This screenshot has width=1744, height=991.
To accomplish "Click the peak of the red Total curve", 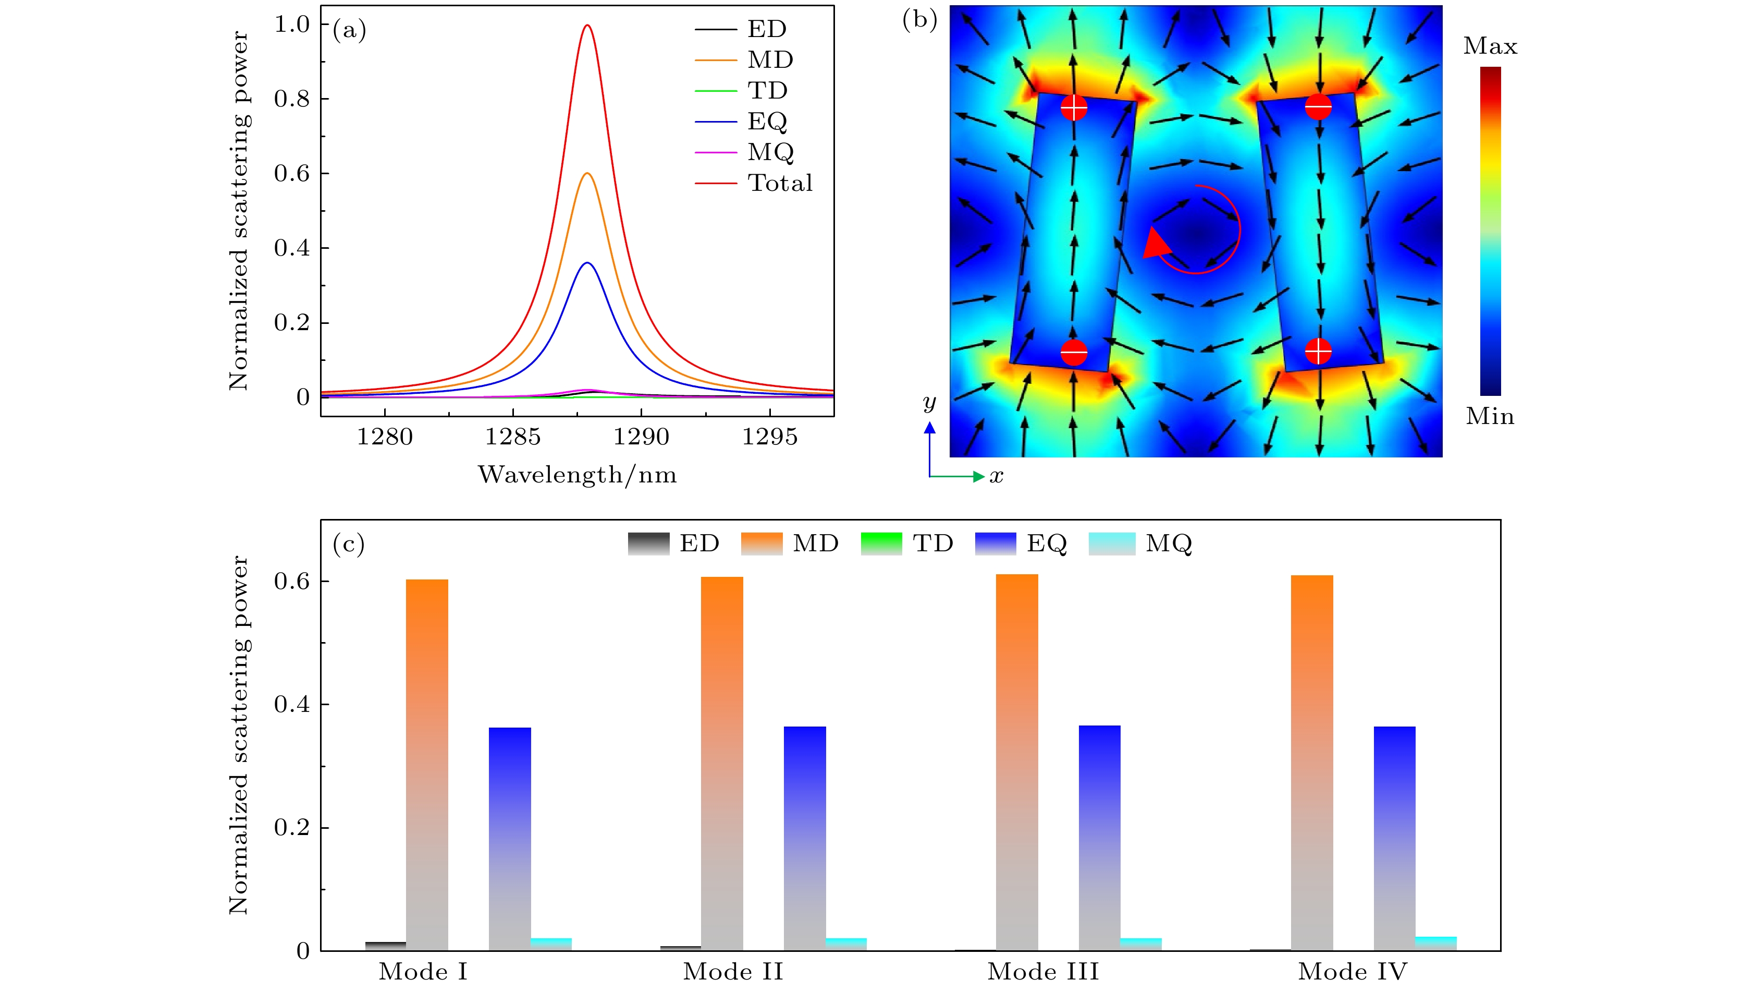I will pyautogui.click(x=586, y=26).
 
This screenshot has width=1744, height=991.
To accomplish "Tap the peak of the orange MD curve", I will pyautogui.click(x=587, y=174).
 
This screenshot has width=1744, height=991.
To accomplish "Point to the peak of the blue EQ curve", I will pyautogui.click(x=587, y=263).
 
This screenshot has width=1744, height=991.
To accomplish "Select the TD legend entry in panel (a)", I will pyautogui.click(x=767, y=91).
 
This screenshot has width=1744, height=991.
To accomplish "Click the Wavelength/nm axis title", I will pyautogui.click(x=577, y=475).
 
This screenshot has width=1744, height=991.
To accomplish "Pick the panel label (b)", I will pyautogui.click(x=919, y=20).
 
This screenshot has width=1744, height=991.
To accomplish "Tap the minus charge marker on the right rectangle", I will pyautogui.click(x=1318, y=106).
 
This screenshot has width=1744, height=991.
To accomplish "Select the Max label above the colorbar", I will pyautogui.click(x=1490, y=46).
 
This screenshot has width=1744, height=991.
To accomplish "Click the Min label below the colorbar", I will pyautogui.click(x=1490, y=416).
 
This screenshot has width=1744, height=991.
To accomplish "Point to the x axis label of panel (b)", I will pyautogui.click(x=997, y=476).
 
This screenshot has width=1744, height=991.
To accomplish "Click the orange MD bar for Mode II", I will pyautogui.click(x=722, y=763).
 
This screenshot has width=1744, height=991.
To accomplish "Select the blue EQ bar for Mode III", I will pyautogui.click(x=1099, y=837).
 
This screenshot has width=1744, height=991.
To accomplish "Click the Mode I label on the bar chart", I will pyautogui.click(x=423, y=971).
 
